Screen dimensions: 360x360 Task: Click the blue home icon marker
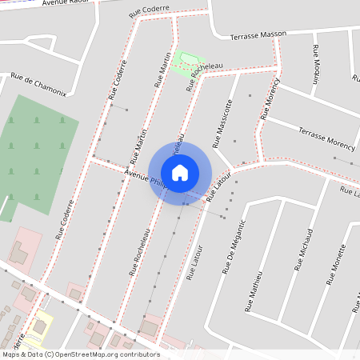click(x=180, y=172)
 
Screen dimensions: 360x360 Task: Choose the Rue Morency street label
click(x=270, y=99)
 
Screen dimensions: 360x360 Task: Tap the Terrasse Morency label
click(x=326, y=138)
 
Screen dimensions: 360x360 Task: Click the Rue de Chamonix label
click(x=38, y=84)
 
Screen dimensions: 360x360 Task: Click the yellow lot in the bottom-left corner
click(x=38, y=324)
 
